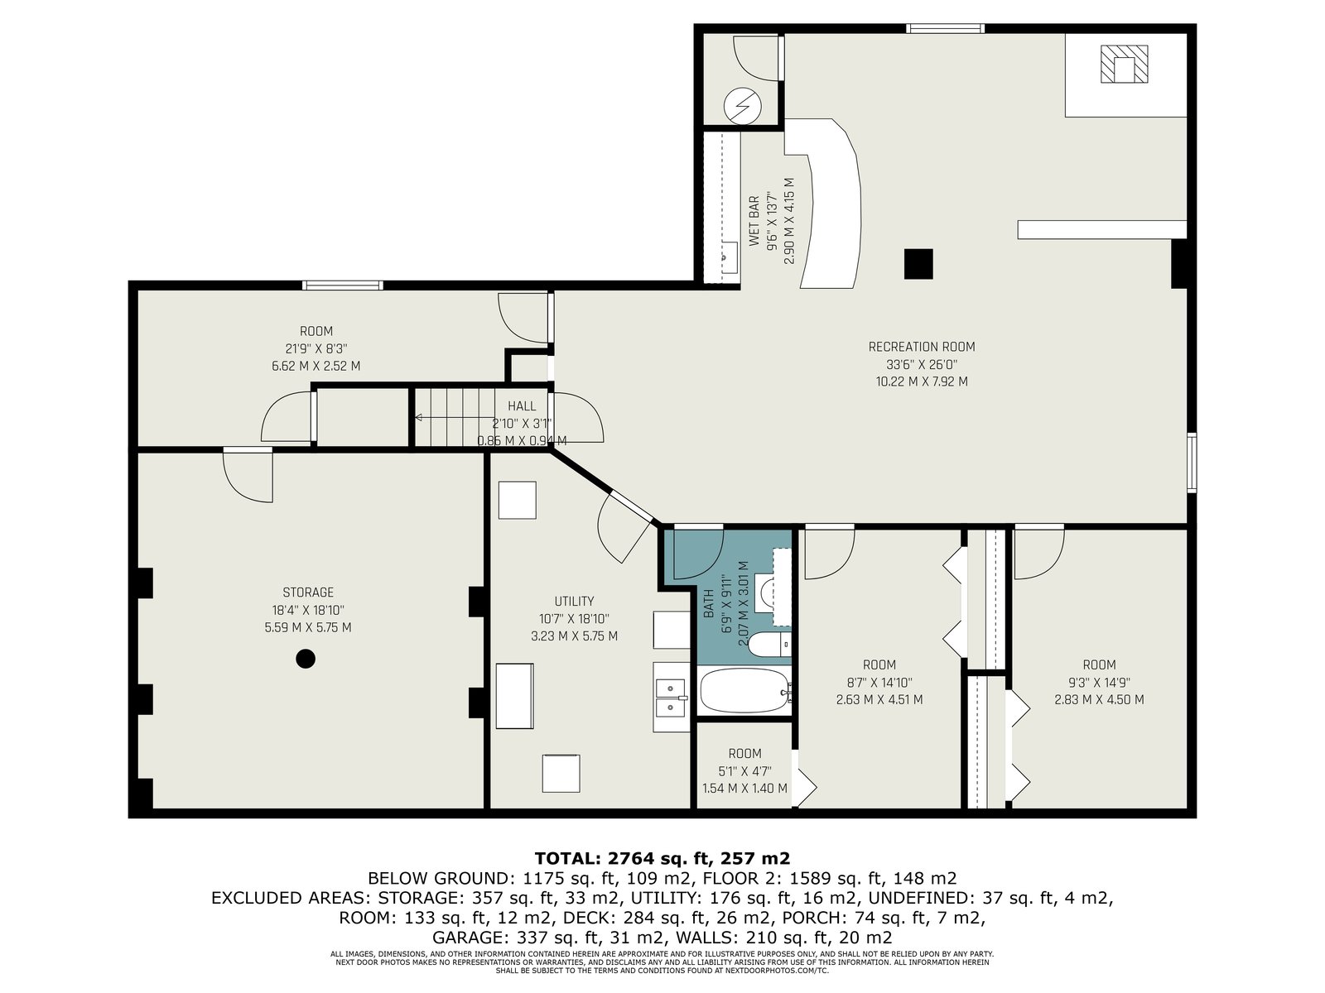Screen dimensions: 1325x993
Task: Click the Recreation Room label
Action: coord(921,347)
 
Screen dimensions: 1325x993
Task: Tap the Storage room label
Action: coord(308,592)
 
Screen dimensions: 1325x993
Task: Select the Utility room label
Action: coord(574,601)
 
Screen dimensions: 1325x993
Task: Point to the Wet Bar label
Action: coord(754,221)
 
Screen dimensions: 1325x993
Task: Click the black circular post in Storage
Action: coord(306,659)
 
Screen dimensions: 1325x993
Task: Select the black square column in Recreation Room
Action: coord(918,263)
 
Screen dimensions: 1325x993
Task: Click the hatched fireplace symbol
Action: coord(1124,64)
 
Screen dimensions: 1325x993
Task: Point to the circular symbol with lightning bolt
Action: coord(743,106)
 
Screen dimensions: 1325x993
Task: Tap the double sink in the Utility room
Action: coord(670,698)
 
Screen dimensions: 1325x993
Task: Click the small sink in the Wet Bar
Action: coord(730,257)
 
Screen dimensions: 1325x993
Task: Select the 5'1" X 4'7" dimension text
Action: coord(744,770)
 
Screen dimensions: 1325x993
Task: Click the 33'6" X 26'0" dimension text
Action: coord(921,364)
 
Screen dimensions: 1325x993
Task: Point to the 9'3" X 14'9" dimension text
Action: coord(1099,683)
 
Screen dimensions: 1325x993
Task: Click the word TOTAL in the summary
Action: coord(566,858)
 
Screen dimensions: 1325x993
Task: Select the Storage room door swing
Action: coord(248,477)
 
